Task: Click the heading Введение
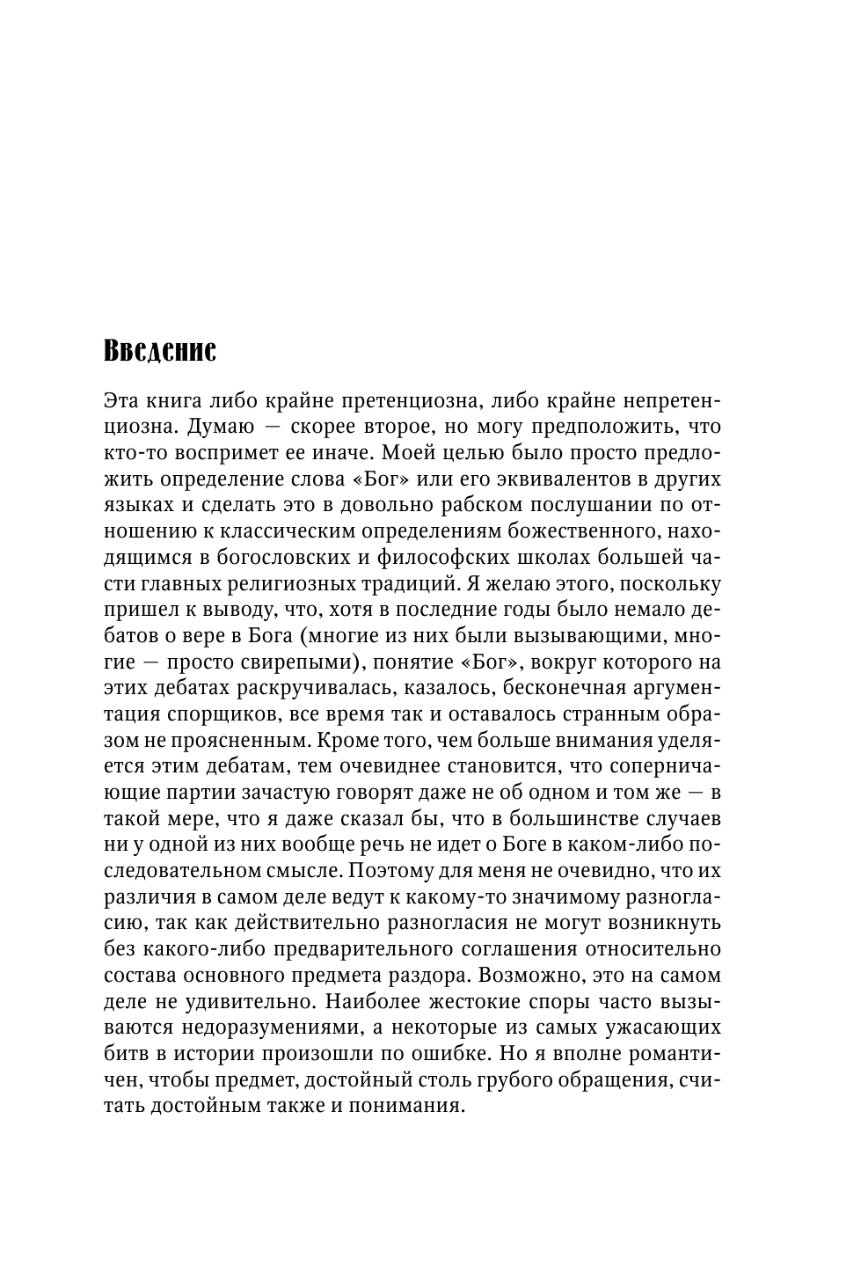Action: tap(159, 351)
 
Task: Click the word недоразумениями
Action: tap(272, 1028)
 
